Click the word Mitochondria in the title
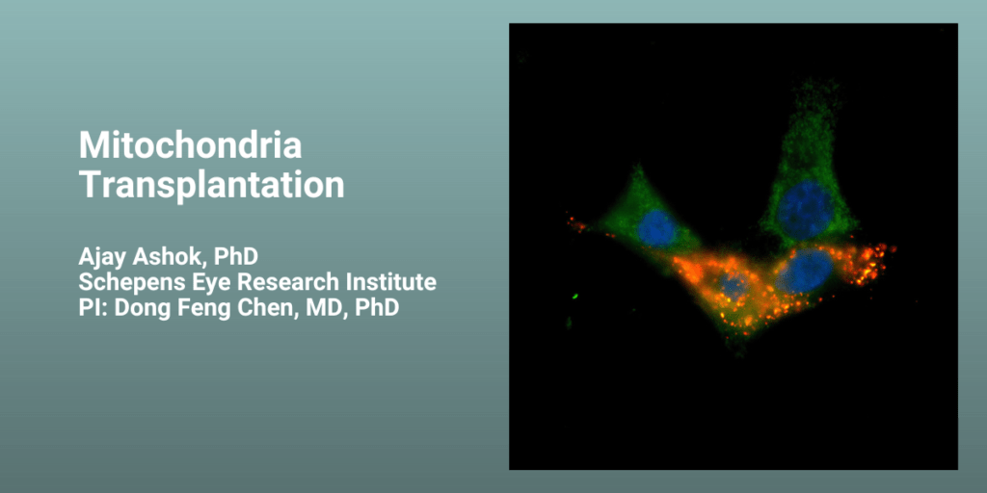[x=190, y=146]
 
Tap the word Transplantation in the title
[x=211, y=185]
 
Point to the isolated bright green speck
[x=575, y=295]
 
